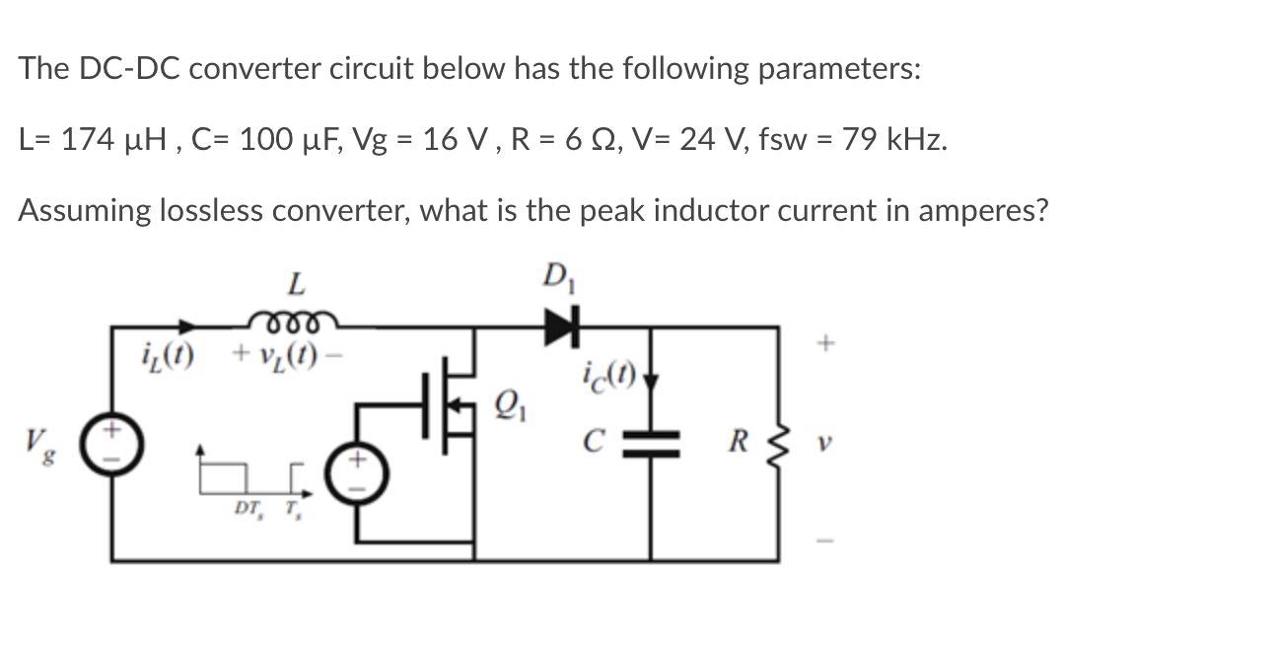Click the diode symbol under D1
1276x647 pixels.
[x=558, y=322]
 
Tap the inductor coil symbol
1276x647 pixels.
[x=293, y=318]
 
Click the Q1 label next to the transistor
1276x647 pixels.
[x=503, y=402]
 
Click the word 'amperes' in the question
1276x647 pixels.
[x=963, y=210]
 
